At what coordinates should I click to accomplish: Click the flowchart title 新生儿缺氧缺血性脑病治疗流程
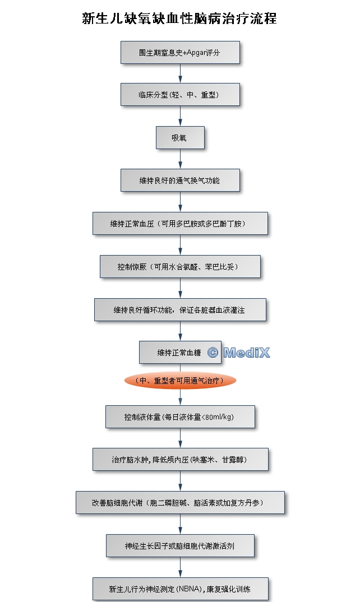point(179,18)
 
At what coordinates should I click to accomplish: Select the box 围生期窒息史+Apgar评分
point(180,53)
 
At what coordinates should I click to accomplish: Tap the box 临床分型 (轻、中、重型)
point(180,95)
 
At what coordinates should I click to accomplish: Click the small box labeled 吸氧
point(180,137)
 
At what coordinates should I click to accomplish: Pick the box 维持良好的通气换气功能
point(180,180)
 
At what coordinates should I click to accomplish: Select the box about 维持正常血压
point(180,223)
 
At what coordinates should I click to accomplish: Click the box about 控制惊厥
point(180,266)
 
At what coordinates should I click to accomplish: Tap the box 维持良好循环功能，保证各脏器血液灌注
point(180,309)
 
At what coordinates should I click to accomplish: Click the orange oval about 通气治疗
point(180,381)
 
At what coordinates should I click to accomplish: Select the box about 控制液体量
point(180,416)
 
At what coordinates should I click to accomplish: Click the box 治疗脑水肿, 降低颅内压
point(180,459)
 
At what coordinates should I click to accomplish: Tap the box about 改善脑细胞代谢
point(180,502)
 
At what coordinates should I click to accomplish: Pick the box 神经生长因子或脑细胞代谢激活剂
point(180,545)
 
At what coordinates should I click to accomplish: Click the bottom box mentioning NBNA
point(180,589)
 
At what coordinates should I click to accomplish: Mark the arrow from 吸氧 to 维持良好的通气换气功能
point(180,159)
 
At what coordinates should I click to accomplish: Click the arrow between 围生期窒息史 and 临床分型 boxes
point(180,73)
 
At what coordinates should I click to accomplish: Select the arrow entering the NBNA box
point(180,567)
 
